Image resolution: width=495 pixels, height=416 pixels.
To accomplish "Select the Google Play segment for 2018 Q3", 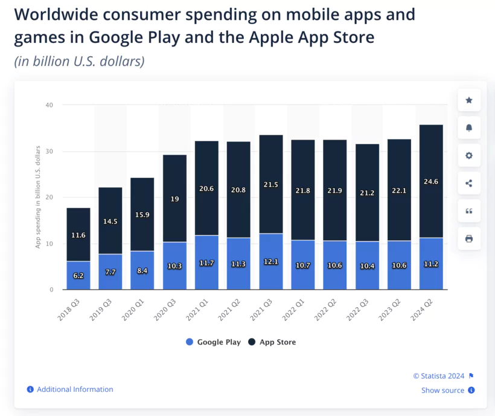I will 78,275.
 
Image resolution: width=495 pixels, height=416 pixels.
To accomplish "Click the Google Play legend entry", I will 213,342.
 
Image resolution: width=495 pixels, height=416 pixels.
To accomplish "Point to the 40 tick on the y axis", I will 49,105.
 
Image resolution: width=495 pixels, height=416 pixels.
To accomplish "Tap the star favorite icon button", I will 469,100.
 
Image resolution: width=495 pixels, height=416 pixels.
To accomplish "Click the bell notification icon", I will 469,128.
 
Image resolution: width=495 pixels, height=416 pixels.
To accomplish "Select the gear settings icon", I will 469,156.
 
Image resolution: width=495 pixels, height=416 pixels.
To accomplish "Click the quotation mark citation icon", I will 469,211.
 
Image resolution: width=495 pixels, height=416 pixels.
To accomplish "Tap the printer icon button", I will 469,239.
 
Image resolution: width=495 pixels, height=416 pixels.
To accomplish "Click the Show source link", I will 442,391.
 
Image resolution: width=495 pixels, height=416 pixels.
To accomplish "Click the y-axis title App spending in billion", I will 37,197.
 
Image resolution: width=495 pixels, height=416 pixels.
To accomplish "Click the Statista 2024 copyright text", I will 439,375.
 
